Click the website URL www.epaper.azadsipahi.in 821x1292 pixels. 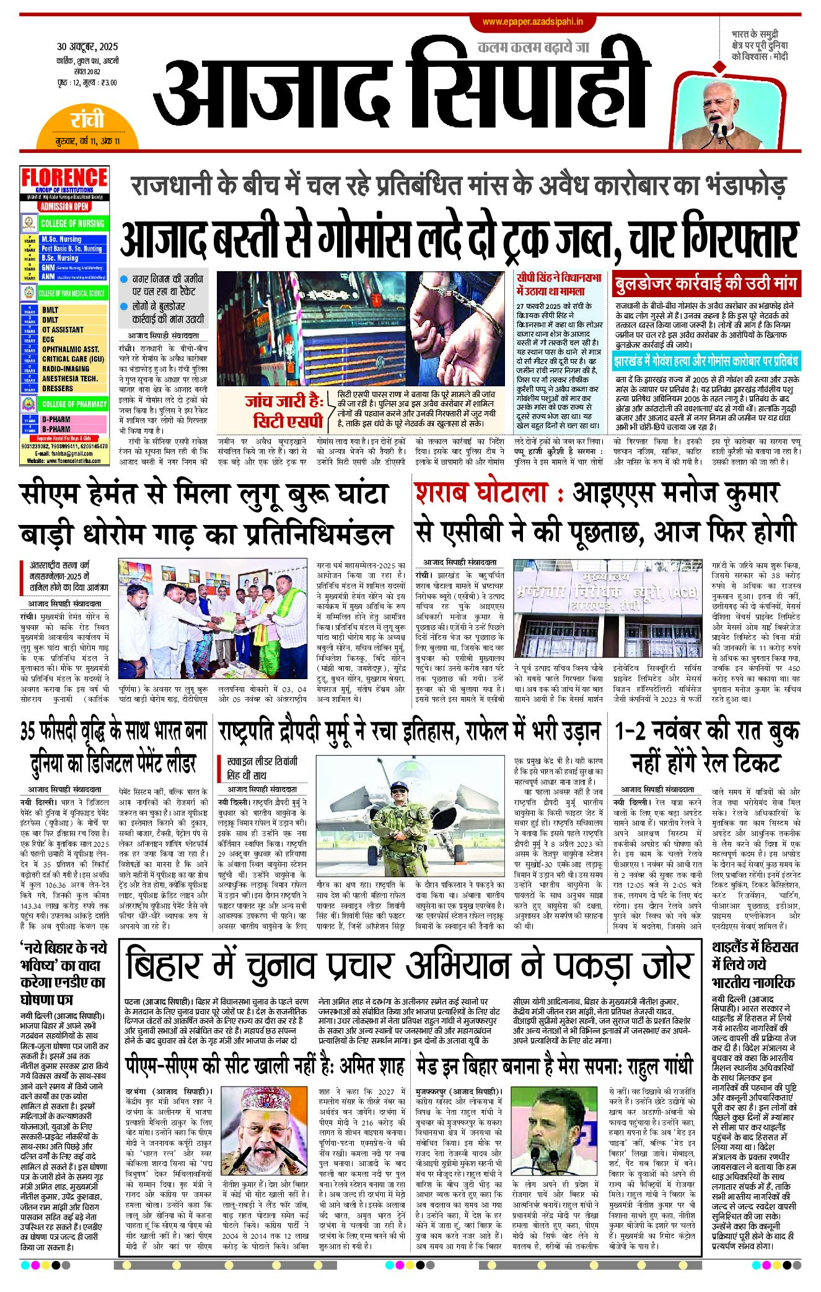pyautogui.click(x=532, y=22)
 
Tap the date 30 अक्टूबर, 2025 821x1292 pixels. pyautogui.click(x=87, y=47)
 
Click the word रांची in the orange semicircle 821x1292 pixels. pyautogui.click(x=87, y=119)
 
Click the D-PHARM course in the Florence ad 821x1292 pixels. pyautogui.click(x=56, y=419)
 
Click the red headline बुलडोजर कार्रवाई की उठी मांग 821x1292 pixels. pyautogui.click(x=705, y=284)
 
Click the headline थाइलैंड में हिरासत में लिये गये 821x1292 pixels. pyautogui.click(x=755, y=964)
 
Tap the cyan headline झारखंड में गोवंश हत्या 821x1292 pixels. pyautogui.click(x=706, y=361)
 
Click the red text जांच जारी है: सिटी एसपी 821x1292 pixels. pyautogui.click(x=285, y=412)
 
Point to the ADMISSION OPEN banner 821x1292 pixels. pyautogui.click(x=64, y=207)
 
